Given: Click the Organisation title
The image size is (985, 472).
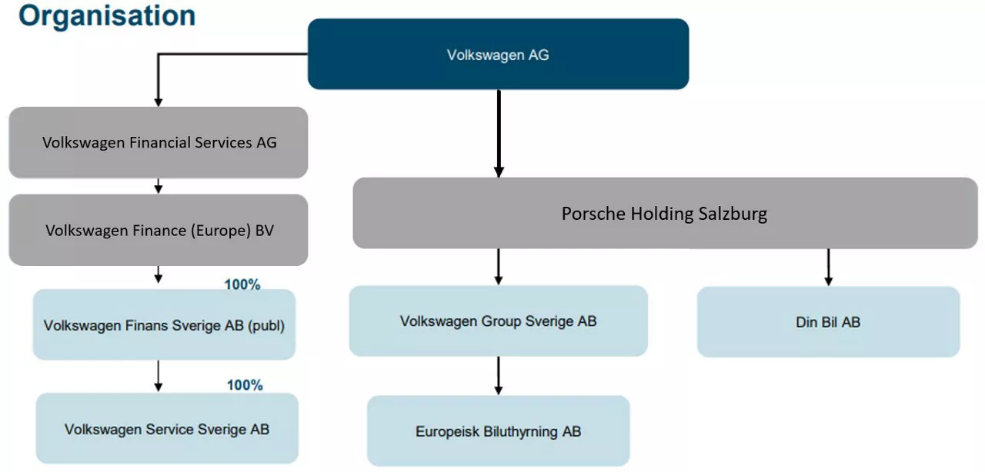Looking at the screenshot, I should [106, 15].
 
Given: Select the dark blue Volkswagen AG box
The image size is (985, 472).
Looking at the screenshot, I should [498, 55].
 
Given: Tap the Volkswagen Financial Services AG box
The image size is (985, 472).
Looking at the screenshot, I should [159, 142].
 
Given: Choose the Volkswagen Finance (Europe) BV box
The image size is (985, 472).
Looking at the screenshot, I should [159, 230].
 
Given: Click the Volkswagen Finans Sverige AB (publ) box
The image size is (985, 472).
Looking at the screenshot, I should [164, 325].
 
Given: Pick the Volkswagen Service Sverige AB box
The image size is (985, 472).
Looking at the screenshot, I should [167, 429].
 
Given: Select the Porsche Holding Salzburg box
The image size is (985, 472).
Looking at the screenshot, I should [664, 213].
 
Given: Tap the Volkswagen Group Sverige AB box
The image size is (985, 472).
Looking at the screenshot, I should [498, 321].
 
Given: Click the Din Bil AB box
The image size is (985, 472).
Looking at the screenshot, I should [828, 322].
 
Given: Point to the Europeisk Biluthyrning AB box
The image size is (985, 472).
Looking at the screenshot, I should [498, 431].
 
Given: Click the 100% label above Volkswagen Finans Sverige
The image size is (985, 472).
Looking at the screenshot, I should [242, 284].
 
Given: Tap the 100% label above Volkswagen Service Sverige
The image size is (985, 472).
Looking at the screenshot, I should [245, 385].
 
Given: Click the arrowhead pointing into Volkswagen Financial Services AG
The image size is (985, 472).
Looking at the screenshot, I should [158, 101].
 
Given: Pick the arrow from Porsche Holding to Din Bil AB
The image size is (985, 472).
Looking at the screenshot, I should [828, 267].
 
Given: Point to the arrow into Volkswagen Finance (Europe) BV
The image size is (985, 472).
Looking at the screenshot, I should [158, 186].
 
